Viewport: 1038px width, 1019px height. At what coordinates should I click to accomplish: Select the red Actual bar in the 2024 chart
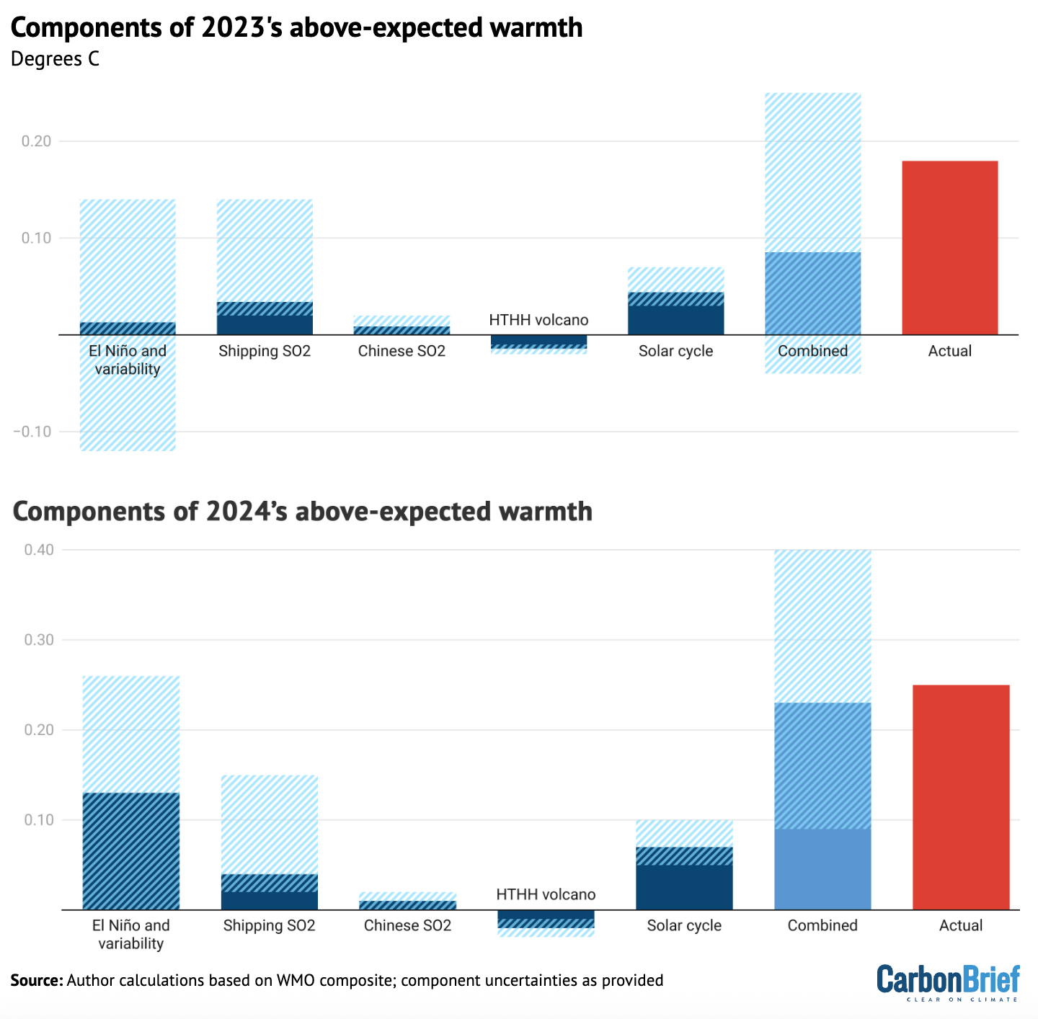click(x=961, y=797)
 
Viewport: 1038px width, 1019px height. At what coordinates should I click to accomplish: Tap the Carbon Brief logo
click(x=948, y=982)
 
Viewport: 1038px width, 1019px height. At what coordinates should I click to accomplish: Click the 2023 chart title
click(x=296, y=27)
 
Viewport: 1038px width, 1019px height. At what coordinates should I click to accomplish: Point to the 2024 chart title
click(x=303, y=511)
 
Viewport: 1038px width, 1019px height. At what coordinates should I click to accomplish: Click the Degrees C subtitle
click(x=55, y=59)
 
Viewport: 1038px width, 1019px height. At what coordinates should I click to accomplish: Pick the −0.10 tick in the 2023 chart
click(x=32, y=432)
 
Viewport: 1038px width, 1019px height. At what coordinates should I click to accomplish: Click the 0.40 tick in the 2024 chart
click(x=39, y=550)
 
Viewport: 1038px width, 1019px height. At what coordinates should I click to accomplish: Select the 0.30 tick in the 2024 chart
click(x=39, y=640)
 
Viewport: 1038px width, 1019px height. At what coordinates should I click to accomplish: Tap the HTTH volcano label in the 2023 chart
click(x=538, y=320)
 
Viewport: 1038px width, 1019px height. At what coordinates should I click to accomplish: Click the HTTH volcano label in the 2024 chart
click(x=546, y=894)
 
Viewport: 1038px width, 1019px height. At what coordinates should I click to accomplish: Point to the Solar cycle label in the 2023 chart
click(x=675, y=351)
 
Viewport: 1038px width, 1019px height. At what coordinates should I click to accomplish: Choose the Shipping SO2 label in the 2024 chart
click(x=269, y=925)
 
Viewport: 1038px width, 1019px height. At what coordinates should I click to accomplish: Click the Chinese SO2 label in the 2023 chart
click(x=402, y=351)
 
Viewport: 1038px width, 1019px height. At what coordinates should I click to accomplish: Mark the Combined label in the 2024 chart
click(x=822, y=925)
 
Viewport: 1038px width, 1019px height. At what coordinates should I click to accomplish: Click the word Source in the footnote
click(x=36, y=980)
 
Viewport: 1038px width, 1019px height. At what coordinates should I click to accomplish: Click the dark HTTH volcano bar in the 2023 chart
click(x=538, y=340)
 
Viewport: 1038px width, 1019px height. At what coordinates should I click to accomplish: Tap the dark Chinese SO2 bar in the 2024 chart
click(x=407, y=905)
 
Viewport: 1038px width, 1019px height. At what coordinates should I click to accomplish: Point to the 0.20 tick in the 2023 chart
click(x=37, y=141)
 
